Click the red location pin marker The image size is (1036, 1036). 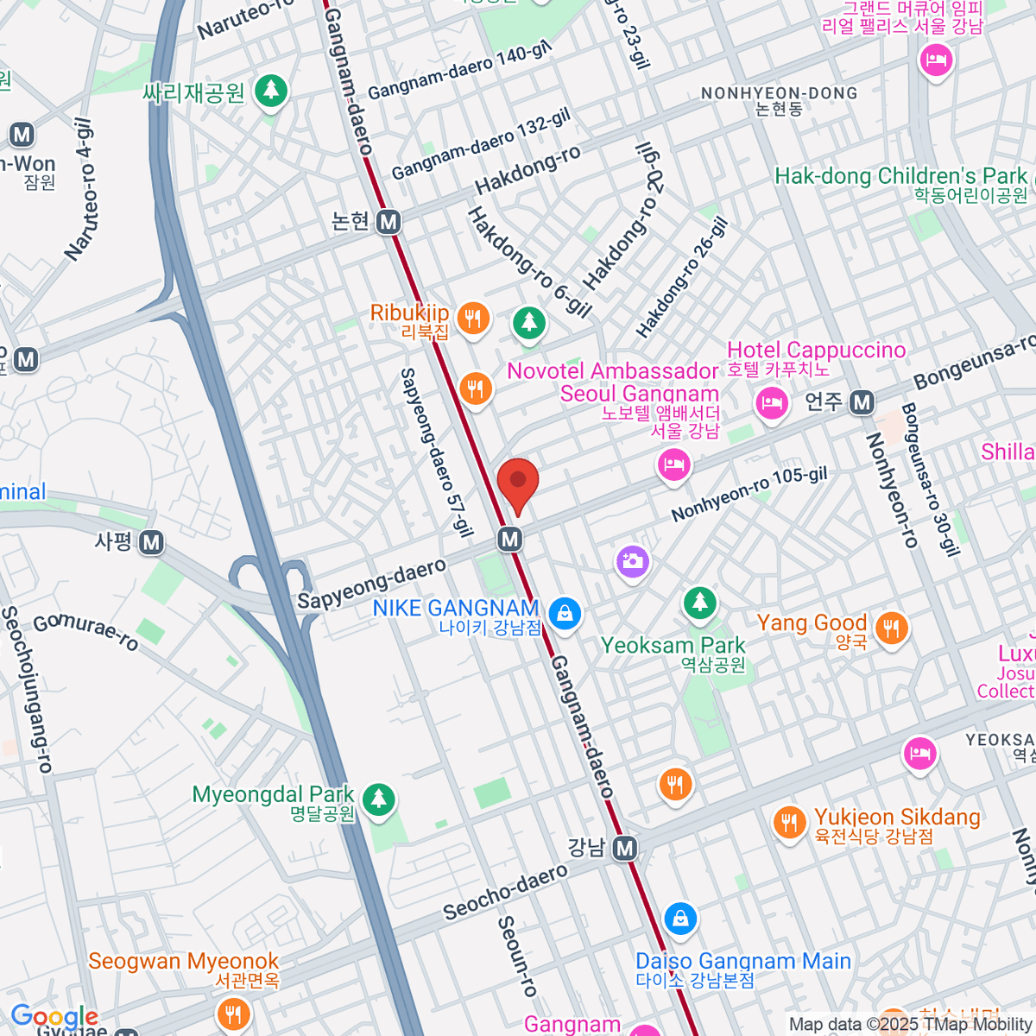[518, 483]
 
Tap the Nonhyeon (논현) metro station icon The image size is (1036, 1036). [388, 222]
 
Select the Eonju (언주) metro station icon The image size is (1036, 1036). [862, 401]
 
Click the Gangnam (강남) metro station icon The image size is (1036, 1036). [625, 848]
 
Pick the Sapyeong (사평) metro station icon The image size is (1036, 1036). [152, 542]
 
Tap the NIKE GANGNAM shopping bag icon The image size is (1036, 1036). [565, 614]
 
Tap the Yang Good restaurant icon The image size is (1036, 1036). [891, 628]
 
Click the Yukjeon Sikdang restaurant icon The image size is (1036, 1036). [789, 823]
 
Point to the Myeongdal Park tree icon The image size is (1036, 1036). [378, 799]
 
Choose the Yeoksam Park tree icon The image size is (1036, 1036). [699, 603]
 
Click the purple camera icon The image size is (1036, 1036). [633, 561]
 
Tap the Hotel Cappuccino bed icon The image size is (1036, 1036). [771, 403]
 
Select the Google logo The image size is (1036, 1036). [54, 1016]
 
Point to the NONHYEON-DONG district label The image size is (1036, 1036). [779, 93]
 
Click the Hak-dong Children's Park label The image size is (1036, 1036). [900, 176]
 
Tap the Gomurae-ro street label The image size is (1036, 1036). [85, 631]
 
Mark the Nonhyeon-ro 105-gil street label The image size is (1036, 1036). [749, 494]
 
